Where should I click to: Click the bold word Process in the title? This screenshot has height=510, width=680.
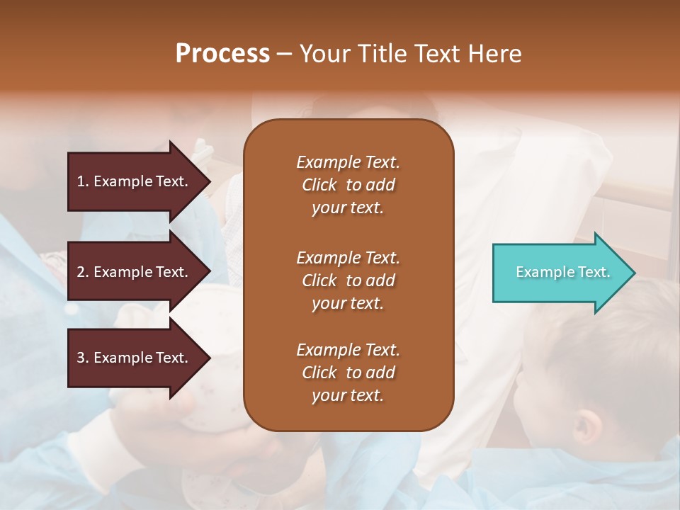click(x=222, y=54)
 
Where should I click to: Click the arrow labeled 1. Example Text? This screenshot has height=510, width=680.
click(x=135, y=181)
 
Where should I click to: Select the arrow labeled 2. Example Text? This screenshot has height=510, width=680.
click(x=135, y=272)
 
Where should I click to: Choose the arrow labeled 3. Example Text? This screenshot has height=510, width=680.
click(x=135, y=358)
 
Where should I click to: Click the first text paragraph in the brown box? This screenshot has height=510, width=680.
click(x=348, y=185)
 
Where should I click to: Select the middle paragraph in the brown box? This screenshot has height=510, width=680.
click(x=348, y=280)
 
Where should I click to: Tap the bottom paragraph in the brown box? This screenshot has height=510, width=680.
click(x=348, y=373)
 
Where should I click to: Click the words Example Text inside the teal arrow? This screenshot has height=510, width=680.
click(x=562, y=272)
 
